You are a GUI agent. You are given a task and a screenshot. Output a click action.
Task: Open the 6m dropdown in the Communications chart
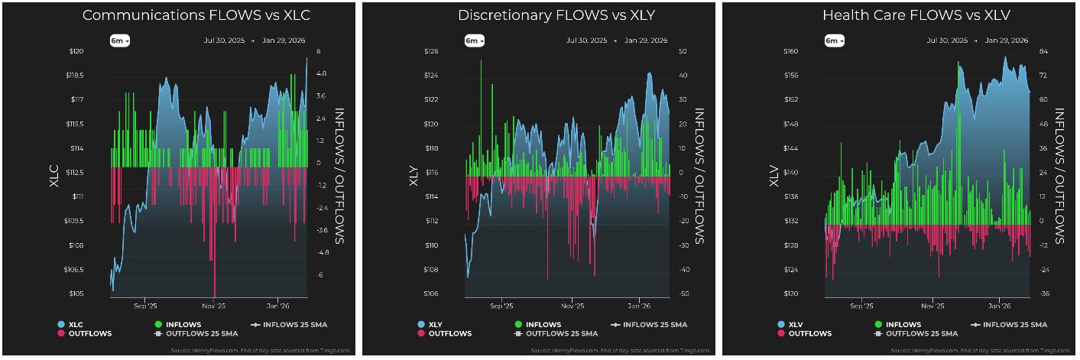119,41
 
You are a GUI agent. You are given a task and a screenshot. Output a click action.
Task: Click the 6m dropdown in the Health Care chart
834,41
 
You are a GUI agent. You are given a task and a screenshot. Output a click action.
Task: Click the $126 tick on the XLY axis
430,51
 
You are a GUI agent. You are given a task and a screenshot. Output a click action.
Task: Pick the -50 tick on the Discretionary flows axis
683,294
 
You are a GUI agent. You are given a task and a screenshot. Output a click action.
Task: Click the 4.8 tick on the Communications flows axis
322,74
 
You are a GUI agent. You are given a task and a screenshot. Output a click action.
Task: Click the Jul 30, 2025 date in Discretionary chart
587,41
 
